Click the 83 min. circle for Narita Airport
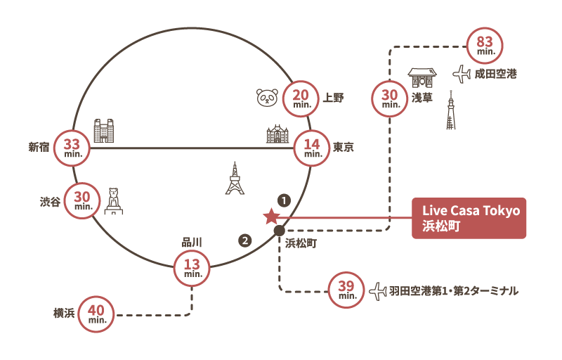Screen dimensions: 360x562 click(x=485, y=43)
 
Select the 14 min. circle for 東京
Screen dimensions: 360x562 click(x=313, y=148)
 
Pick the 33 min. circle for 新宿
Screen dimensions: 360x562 click(x=72, y=147)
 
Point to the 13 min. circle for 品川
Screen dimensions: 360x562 click(x=192, y=268)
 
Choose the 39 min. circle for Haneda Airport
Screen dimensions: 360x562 click(x=347, y=289)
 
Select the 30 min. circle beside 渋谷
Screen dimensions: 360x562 click(x=83, y=201)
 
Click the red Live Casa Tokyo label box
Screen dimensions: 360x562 click(x=469, y=218)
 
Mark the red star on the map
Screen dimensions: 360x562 click(x=270, y=217)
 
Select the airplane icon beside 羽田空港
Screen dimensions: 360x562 click(x=378, y=290)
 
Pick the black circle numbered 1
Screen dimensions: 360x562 click(x=284, y=200)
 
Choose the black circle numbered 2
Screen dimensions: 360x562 click(x=244, y=240)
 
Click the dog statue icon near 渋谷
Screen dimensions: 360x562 click(x=114, y=201)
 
